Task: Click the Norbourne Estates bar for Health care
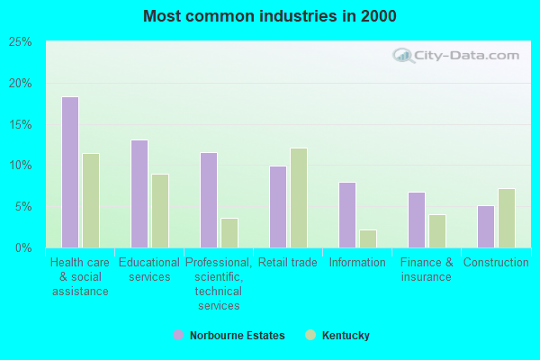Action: (x=70, y=172)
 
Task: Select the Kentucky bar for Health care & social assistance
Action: (x=91, y=201)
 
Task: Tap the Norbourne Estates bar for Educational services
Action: (x=139, y=193)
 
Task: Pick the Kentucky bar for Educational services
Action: (x=160, y=211)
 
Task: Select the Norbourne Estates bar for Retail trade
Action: (x=278, y=207)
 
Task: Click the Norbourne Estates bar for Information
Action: (x=347, y=215)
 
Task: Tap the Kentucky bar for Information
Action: (x=368, y=238)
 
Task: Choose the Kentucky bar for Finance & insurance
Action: (x=437, y=231)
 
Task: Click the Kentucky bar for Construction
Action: (x=507, y=218)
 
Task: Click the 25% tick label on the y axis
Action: (x=21, y=42)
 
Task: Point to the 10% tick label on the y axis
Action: (x=21, y=166)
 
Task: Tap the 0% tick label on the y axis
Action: (x=24, y=247)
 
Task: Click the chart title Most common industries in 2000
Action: (x=270, y=16)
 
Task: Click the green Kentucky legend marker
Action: (x=310, y=336)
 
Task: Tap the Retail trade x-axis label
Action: (x=288, y=263)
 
